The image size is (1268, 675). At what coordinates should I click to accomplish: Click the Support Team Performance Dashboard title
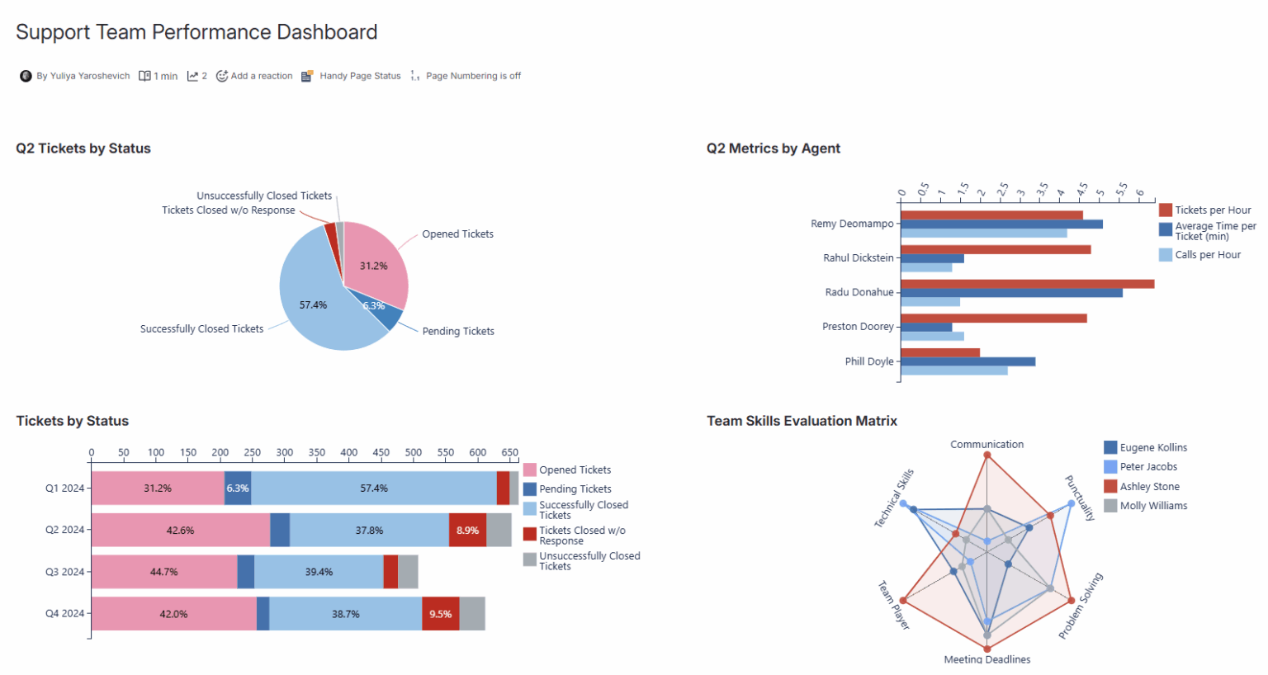pos(196,32)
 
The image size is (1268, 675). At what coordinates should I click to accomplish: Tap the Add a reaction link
pos(261,76)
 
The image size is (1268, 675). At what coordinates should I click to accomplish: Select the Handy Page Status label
pos(360,76)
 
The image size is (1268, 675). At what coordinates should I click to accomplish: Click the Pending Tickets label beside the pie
pos(458,331)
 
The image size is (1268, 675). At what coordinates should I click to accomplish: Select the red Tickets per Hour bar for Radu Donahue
pos(1027,284)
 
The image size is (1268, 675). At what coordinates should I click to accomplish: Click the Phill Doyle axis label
pos(868,361)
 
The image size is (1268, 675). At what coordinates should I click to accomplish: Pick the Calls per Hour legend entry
pos(1207,255)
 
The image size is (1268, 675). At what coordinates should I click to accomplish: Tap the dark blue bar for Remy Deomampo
pos(1001,224)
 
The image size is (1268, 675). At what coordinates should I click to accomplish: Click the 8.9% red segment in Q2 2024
pos(467,531)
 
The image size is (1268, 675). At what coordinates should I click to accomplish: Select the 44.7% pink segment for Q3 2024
pos(164,572)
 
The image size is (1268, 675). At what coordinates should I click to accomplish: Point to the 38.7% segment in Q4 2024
pos(346,614)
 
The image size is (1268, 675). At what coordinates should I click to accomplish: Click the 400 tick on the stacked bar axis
pos(349,452)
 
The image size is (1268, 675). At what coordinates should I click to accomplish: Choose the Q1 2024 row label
pos(64,489)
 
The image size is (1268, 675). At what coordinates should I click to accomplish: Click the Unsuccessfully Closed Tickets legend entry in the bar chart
pos(589,561)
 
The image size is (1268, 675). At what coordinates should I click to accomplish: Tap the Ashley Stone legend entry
pos(1149,487)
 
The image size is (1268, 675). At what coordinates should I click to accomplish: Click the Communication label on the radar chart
pos(986,444)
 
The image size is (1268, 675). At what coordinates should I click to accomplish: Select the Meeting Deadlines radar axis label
pos(986,659)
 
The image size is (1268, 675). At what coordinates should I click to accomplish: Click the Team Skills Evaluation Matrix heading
pos(802,421)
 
